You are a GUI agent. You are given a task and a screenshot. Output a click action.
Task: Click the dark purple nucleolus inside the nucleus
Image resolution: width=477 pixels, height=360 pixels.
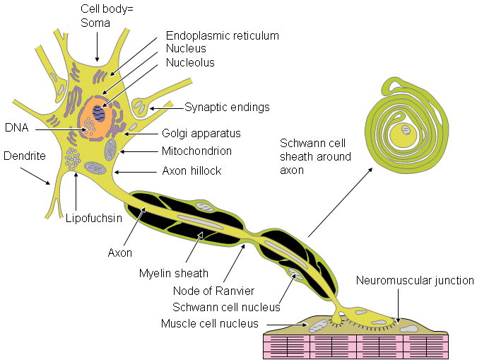coord(99,113)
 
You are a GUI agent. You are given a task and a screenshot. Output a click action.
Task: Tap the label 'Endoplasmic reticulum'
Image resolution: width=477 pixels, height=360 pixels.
coord(223,35)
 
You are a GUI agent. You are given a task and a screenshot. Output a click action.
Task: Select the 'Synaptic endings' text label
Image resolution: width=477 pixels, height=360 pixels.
coord(227,108)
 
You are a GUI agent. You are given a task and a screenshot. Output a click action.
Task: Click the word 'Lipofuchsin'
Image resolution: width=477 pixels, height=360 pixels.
coord(94,218)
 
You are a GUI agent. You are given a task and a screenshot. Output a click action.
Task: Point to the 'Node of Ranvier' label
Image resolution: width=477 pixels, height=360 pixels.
coord(213,291)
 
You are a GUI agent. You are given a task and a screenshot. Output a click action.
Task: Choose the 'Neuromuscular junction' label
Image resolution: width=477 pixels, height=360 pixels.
coord(415,281)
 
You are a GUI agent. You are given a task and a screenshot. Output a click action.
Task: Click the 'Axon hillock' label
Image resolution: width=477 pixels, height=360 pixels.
coord(192,171)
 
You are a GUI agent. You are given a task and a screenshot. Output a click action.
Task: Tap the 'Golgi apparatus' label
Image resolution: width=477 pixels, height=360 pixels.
coord(201,134)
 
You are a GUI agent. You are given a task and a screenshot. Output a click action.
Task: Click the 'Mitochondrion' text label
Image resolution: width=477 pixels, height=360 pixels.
coord(196,151)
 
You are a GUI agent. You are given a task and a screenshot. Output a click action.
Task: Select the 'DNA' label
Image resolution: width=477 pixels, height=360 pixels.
coord(17,127)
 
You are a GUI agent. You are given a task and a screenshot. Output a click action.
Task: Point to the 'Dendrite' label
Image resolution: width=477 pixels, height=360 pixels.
coord(25,156)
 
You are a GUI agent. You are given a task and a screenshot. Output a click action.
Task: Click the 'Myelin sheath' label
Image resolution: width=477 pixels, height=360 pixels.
coord(174,274)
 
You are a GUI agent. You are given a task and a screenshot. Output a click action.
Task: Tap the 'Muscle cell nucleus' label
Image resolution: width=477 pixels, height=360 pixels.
coord(210,323)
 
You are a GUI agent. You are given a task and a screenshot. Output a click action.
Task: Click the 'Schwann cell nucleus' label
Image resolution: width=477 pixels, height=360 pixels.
coord(226,308)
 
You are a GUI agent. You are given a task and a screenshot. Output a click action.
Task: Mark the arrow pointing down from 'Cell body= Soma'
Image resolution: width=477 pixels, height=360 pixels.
coord(97,46)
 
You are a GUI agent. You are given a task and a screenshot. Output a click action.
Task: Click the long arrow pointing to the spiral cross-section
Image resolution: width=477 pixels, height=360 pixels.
coord(341,202)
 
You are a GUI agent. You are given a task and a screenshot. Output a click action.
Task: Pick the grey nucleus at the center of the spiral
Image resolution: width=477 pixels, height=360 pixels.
coord(406,129)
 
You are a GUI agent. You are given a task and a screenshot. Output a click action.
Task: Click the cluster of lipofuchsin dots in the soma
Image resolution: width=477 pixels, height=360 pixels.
coord(73,158)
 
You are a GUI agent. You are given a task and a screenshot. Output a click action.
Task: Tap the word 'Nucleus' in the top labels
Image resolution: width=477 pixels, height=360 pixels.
coord(186,48)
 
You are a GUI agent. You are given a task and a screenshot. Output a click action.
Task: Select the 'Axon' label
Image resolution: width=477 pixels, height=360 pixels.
coord(120,252)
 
